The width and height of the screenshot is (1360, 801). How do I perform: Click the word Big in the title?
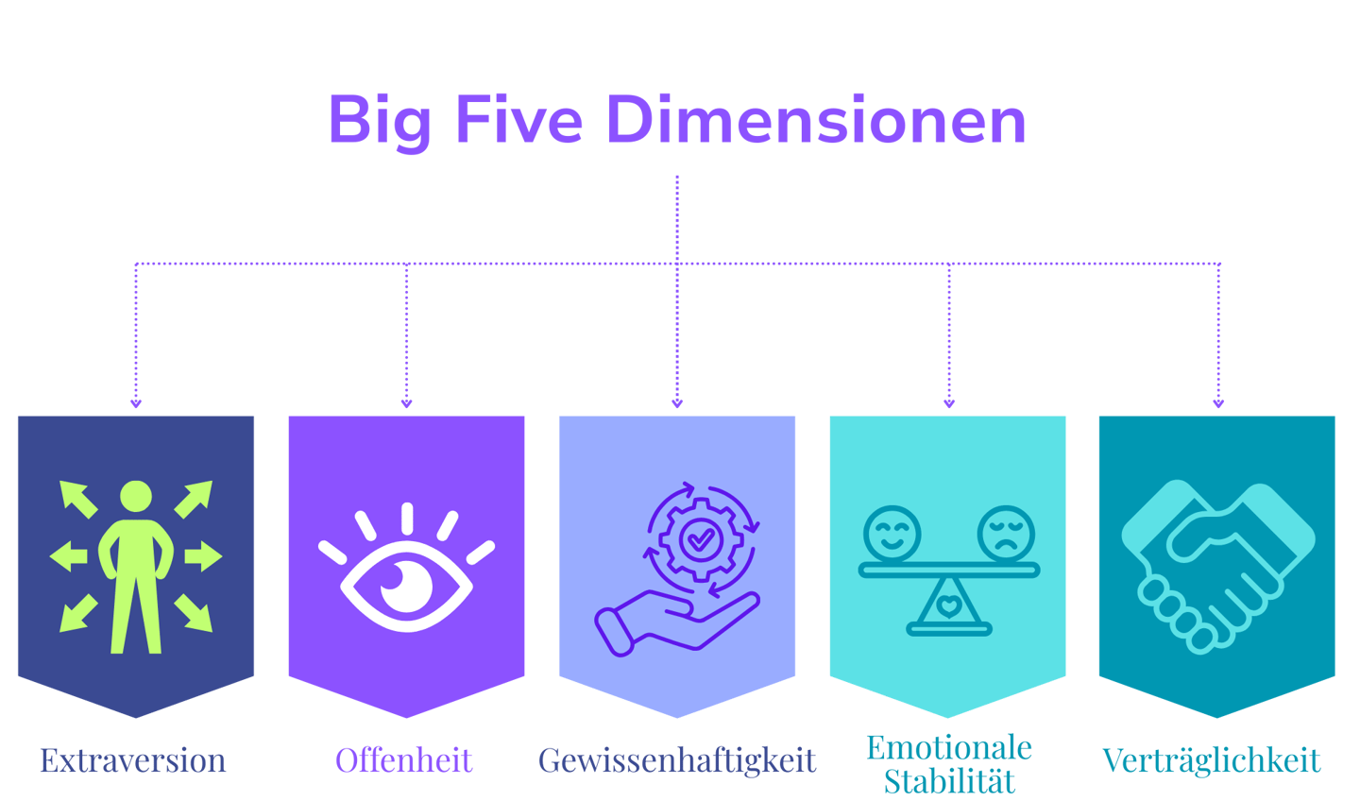(x=379, y=121)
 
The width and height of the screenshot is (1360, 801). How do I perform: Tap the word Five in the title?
(x=518, y=121)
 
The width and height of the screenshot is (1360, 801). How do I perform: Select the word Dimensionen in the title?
(x=815, y=121)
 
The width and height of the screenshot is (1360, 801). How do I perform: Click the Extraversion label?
(x=133, y=760)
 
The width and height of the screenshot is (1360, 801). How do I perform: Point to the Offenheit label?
(x=404, y=760)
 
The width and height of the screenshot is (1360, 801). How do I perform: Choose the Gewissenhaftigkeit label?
(x=677, y=760)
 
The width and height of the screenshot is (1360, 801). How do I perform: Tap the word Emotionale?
(x=949, y=748)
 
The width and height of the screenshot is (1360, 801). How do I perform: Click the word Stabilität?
(x=949, y=781)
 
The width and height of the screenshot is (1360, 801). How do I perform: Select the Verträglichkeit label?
(x=1212, y=760)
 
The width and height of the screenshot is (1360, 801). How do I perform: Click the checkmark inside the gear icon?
(x=700, y=539)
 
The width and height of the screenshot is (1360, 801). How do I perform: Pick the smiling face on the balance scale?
(x=892, y=534)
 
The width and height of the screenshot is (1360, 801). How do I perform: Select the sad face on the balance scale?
(x=1006, y=534)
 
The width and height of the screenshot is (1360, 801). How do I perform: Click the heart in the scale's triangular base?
(x=949, y=605)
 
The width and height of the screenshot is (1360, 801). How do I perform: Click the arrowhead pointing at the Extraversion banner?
(x=136, y=403)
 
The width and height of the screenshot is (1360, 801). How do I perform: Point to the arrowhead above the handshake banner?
(x=1218, y=403)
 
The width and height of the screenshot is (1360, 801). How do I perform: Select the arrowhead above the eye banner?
(x=407, y=403)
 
